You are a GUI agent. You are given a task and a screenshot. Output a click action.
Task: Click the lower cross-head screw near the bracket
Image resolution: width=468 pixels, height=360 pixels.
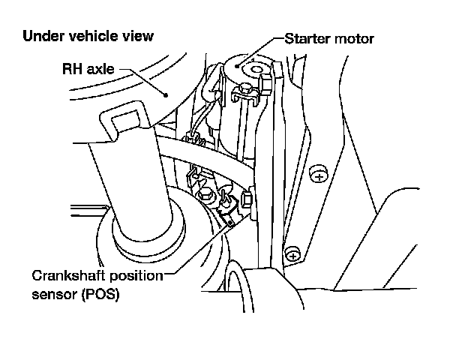click(293, 253)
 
